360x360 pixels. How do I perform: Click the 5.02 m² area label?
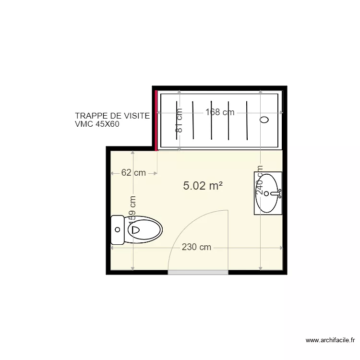[x=203, y=186]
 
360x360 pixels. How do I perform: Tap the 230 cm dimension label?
[x=196, y=248]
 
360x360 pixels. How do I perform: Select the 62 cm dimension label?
[x=133, y=173]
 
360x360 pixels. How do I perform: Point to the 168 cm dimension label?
[x=220, y=112]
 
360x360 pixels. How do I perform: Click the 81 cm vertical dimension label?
[x=179, y=120]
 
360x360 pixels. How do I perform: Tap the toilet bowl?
[x=144, y=229]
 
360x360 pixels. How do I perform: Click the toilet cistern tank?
[x=117, y=230]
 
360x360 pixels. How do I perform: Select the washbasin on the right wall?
[x=268, y=193]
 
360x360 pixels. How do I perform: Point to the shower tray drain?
[x=264, y=120]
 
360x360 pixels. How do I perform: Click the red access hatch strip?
[x=156, y=120]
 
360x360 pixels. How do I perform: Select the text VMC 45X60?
[x=97, y=124]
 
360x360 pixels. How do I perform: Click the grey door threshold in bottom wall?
[x=198, y=272]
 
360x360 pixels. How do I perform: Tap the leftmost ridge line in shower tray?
[x=177, y=120]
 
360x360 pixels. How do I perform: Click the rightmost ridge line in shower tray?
[x=246, y=120]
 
